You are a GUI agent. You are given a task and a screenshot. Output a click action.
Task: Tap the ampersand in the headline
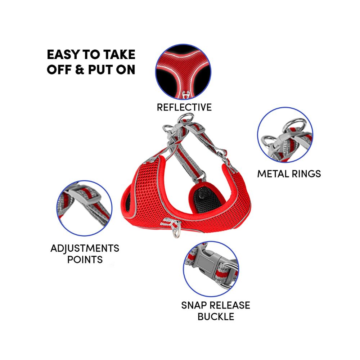click(80, 69)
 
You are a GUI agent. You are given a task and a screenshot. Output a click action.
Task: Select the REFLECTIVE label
click(184, 107)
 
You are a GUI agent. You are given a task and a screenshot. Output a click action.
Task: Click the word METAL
click(273, 174)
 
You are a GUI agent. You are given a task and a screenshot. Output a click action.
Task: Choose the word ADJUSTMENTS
click(85, 248)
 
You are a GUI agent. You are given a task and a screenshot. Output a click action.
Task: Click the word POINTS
click(85, 260)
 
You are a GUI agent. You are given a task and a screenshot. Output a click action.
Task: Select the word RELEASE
click(230, 305)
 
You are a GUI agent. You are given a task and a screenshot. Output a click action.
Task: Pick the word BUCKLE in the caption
click(216, 317)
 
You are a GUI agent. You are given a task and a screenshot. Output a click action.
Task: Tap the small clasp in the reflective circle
click(184, 95)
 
